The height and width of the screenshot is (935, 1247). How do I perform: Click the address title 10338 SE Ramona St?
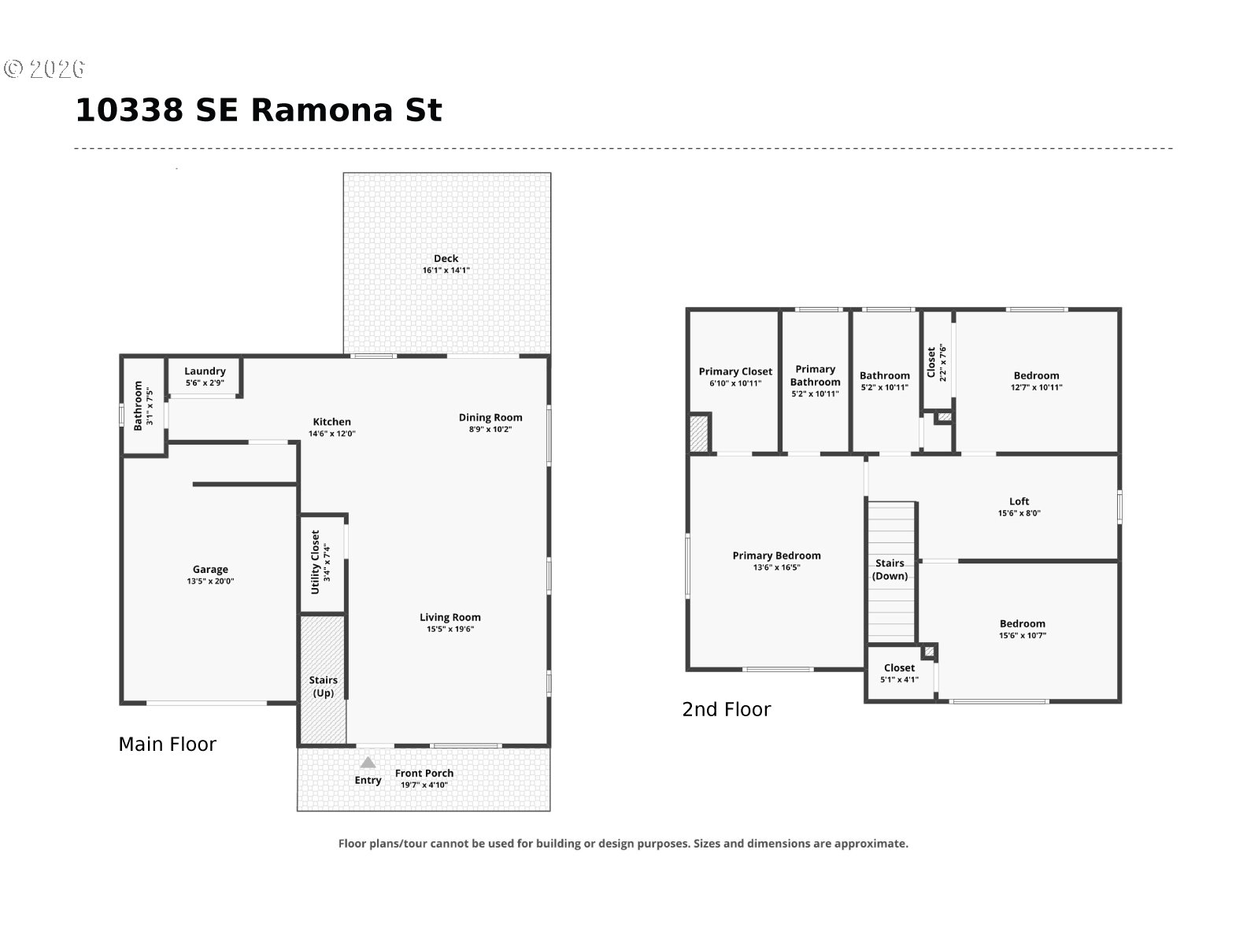click(x=258, y=110)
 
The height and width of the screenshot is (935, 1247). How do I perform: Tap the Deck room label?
click(x=446, y=259)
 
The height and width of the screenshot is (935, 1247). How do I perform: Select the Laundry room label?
click(x=205, y=371)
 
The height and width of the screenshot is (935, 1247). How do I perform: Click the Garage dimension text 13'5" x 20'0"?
click(x=210, y=582)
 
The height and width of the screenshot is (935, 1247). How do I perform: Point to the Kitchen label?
click(x=331, y=422)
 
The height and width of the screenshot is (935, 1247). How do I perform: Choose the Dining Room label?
click(x=490, y=418)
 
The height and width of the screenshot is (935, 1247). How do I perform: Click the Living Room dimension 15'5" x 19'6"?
click(x=450, y=629)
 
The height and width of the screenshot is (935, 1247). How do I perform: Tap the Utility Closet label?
click(x=316, y=562)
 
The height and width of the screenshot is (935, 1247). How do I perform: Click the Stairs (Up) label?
click(x=324, y=686)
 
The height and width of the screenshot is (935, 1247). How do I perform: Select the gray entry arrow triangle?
click(x=368, y=763)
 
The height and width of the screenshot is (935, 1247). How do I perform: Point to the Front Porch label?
click(x=424, y=773)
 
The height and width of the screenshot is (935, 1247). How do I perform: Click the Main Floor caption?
click(x=167, y=745)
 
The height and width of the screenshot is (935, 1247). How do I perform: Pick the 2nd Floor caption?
click(x=726, y=710)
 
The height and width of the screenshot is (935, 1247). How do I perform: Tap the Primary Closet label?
click(x=735, y=371)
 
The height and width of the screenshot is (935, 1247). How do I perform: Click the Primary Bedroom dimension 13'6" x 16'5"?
click(x=776, y=567)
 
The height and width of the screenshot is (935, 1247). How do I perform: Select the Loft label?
click(x=1019, y=502)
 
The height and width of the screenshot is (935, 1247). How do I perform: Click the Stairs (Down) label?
click(x=890, y=569)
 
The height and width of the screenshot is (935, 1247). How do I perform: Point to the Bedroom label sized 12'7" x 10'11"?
click(x=1036, y=376)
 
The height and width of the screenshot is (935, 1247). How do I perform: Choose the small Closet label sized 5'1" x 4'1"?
click(x=899, y=668)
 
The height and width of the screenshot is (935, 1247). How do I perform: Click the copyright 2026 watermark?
click(x=44, y=69)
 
